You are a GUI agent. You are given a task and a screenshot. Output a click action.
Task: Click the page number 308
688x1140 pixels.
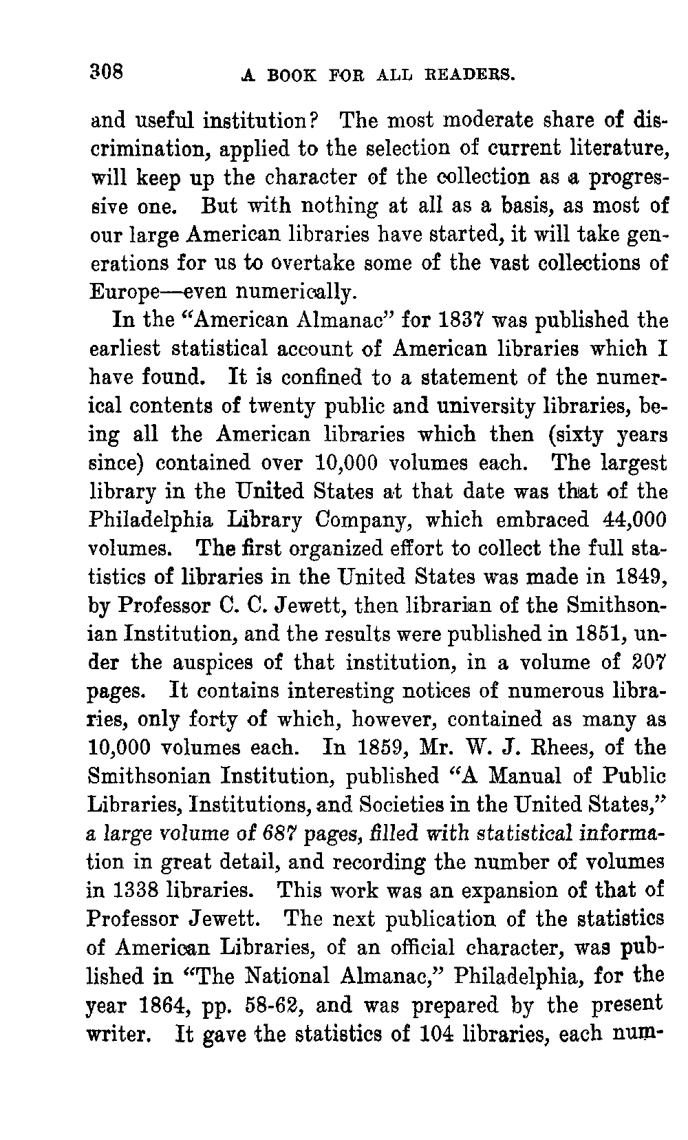coord(106,70)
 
